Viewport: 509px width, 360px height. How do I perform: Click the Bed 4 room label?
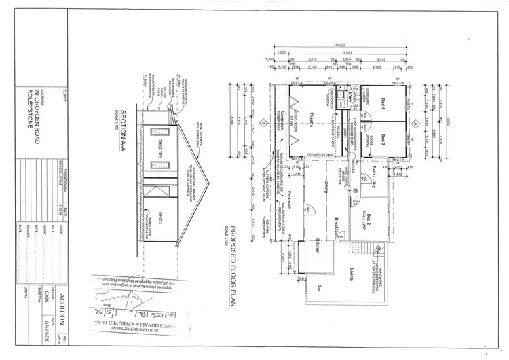[383, 103]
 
